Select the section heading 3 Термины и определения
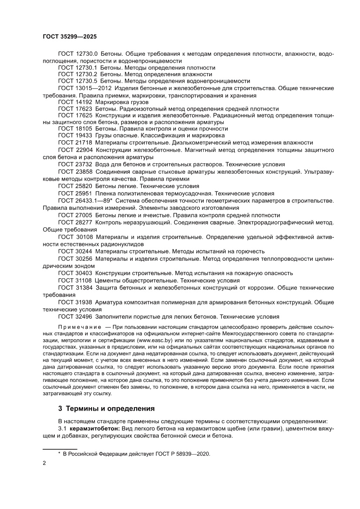click(x=107, y=409)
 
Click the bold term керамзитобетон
click(x=90, y=429)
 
